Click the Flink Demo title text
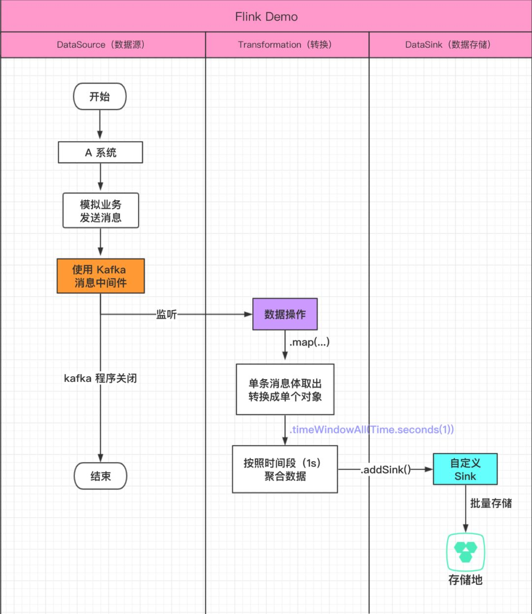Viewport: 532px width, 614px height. pos(266,17)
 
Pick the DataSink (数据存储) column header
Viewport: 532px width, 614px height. pos(449,45)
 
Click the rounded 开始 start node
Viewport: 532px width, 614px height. pos(100,97)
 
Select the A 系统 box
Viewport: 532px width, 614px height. pos(100,152)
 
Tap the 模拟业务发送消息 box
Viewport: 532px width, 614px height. pos(100,211)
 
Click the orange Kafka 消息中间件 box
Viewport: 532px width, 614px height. pos(100,276)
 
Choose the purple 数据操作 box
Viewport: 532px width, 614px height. pos(285,314)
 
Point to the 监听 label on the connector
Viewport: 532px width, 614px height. pos(166,315)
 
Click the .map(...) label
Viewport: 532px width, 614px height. pos(309,342)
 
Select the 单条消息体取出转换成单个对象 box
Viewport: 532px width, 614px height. pos(285,390)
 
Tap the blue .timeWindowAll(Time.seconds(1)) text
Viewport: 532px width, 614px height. pos(371,430)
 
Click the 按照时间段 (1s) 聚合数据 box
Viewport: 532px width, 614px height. pos(285,470)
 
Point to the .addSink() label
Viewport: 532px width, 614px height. pos(386,470)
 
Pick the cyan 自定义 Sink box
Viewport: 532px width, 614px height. pos(465,470)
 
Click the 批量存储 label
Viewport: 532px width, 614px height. pos(491,504)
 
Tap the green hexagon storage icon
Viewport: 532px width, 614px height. pos(465,552)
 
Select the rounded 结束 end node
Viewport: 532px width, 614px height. pos(100,476)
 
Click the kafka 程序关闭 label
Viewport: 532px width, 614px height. pos(100,379)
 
